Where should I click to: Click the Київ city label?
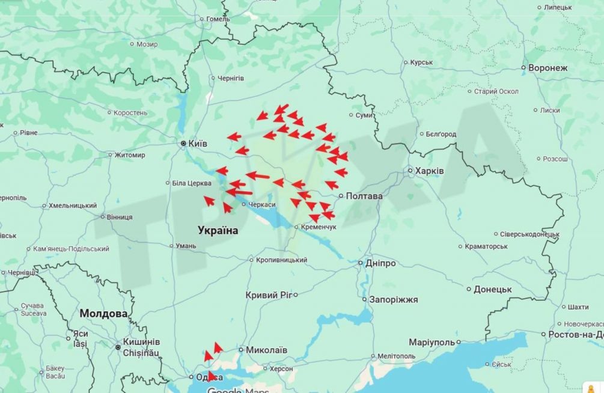click(x=198, y=144)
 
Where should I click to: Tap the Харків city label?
click(x=430, y=171)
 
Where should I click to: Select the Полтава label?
click(x=365, y=196)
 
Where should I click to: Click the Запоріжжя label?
click(x=394, y=299)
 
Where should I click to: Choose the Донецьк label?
click(x=493, y=290)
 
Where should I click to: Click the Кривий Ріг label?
click(x=268, y=295)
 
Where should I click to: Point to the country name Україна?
click(x=218, y=230)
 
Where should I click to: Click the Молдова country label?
click(x=103, y=314)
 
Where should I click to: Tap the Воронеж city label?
click(x=548, y=68)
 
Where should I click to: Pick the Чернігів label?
click(x=231, y=79)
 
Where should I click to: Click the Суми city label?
click(x=364, y=115)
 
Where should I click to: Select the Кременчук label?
click(x=318, y=227)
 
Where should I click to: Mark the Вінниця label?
click(x=119, y=217)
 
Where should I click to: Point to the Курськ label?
click(x=422, y=62)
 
